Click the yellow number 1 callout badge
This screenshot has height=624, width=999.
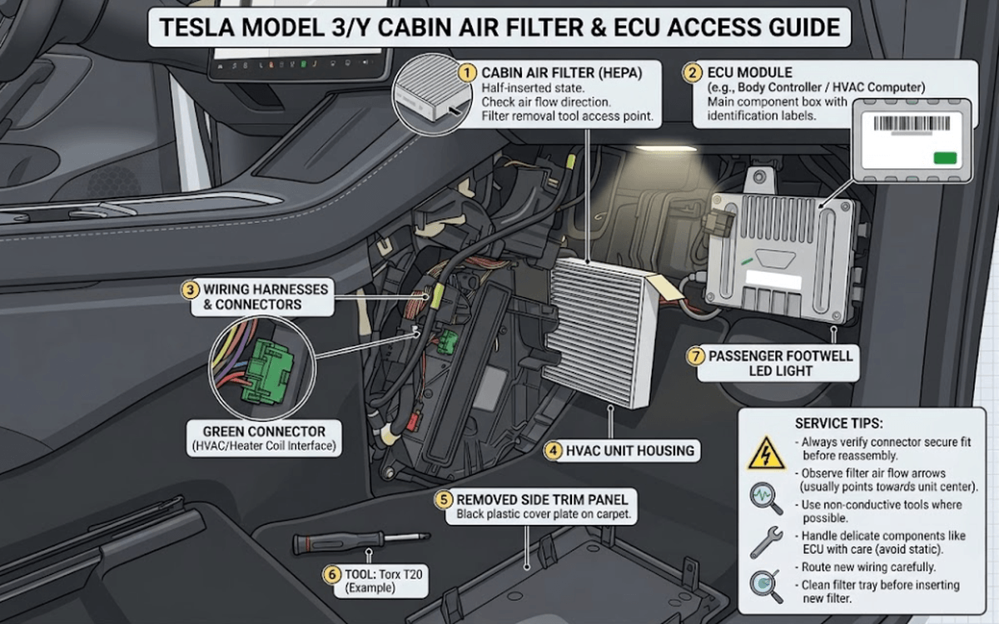pos(467,72)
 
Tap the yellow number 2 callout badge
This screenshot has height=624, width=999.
pos(692,72)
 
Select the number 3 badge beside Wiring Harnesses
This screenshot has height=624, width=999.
pos(190,290)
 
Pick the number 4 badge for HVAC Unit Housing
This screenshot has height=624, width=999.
pos(553,451)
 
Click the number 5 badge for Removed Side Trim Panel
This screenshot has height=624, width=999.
pos(443,500)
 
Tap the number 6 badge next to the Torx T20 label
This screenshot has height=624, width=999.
pos(332,575)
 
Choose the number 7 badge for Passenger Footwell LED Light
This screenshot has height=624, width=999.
pos(696,357)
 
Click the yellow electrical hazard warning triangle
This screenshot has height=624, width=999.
pos(766,453)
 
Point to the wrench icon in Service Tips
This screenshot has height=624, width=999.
pos(766,542)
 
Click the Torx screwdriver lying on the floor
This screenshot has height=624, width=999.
pos(361,542)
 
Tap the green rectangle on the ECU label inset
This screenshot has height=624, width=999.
pos(945,158)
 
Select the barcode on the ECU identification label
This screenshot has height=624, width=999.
pos(912,123)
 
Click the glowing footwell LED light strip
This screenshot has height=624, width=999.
pos(666,148)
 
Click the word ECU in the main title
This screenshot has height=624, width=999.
pos(636,27)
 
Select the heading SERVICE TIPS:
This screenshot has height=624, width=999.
pos(839,423)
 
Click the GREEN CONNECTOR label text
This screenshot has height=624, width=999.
pos(264,432)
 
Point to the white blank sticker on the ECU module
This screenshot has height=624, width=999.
pos(773,280)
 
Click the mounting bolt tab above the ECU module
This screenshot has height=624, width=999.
pos(758,179)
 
